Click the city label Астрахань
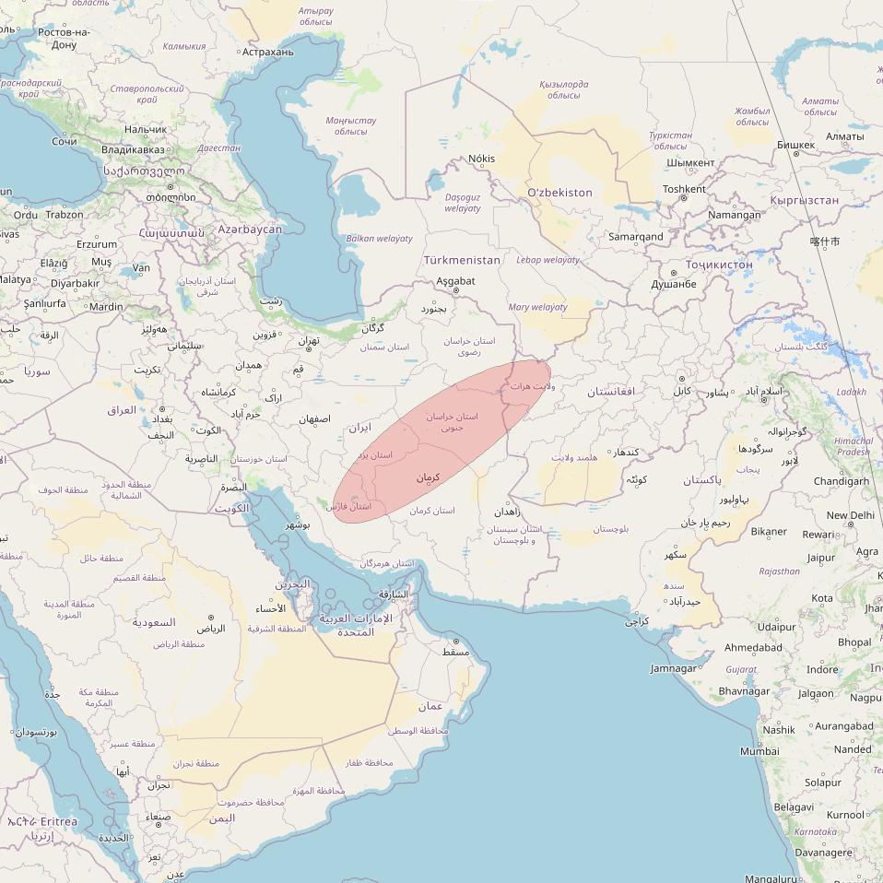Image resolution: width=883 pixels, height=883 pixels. click(267, 52)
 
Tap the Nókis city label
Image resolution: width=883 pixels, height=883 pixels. click(481, 159)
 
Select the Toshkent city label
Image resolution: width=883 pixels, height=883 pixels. click(684, 189)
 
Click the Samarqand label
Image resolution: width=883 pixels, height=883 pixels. click(635, 237)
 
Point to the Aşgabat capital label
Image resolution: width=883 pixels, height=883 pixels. click(455, 281)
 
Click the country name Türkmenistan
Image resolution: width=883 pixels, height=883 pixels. click(462, 260)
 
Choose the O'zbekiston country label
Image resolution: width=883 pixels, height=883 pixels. click(559, 193)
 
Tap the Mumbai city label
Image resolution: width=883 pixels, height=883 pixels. click(759, 751)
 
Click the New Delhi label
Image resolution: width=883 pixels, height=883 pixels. click(850, 515)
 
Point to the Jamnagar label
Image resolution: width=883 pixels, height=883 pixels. click(674, 668)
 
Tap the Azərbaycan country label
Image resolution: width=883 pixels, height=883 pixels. click(250, 229)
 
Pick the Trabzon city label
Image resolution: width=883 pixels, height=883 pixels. click(65, 215)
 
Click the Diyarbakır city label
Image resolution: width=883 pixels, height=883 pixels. click(74, 284)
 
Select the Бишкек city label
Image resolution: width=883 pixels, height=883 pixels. click(795, 145)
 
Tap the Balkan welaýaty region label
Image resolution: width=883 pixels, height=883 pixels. click(379, 239)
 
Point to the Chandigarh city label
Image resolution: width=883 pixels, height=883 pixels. click(841, 481)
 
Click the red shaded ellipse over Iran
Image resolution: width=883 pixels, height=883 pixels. click(442, 442)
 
